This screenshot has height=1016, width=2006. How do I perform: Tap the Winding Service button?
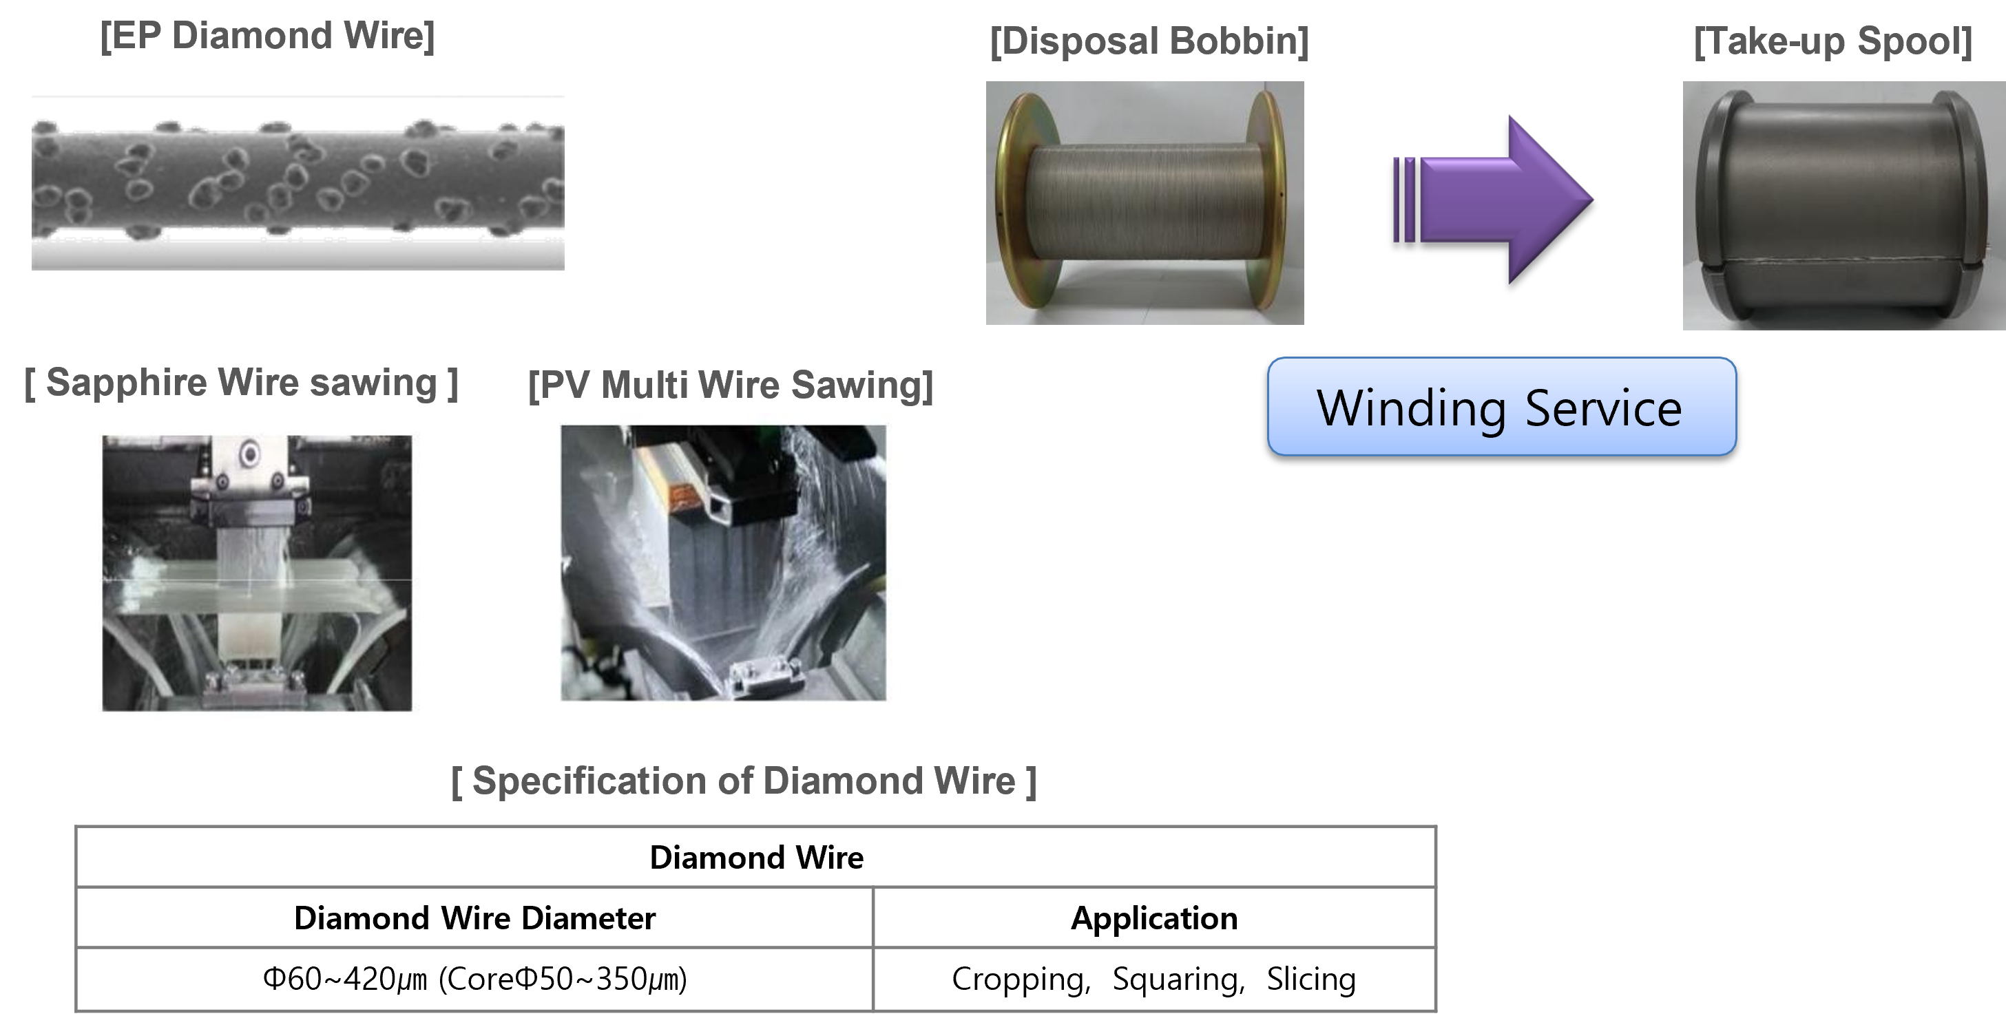(x=1501, y=406)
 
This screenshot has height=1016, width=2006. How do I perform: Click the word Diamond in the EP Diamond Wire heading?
(x=255, y=36)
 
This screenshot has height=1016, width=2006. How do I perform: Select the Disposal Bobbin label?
(x=1149, y=41)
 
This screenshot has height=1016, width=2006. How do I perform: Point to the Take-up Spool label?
(x=1832, y=41)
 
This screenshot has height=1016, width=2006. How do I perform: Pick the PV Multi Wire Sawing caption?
(x=730, y=385)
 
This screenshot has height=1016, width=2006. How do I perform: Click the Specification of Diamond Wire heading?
(x=744, y=781)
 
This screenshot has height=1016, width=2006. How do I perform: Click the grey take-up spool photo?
(x=1843, y=207)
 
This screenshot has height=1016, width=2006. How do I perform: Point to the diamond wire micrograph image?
(x=297, y=183)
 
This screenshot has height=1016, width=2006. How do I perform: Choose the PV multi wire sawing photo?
(x=730, y=560)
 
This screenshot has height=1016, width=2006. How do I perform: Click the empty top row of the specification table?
(x=755, y=856)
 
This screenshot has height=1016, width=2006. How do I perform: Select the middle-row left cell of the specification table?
(x=474, y=917)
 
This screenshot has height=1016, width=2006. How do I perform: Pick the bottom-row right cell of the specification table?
(x=1154, y=979)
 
